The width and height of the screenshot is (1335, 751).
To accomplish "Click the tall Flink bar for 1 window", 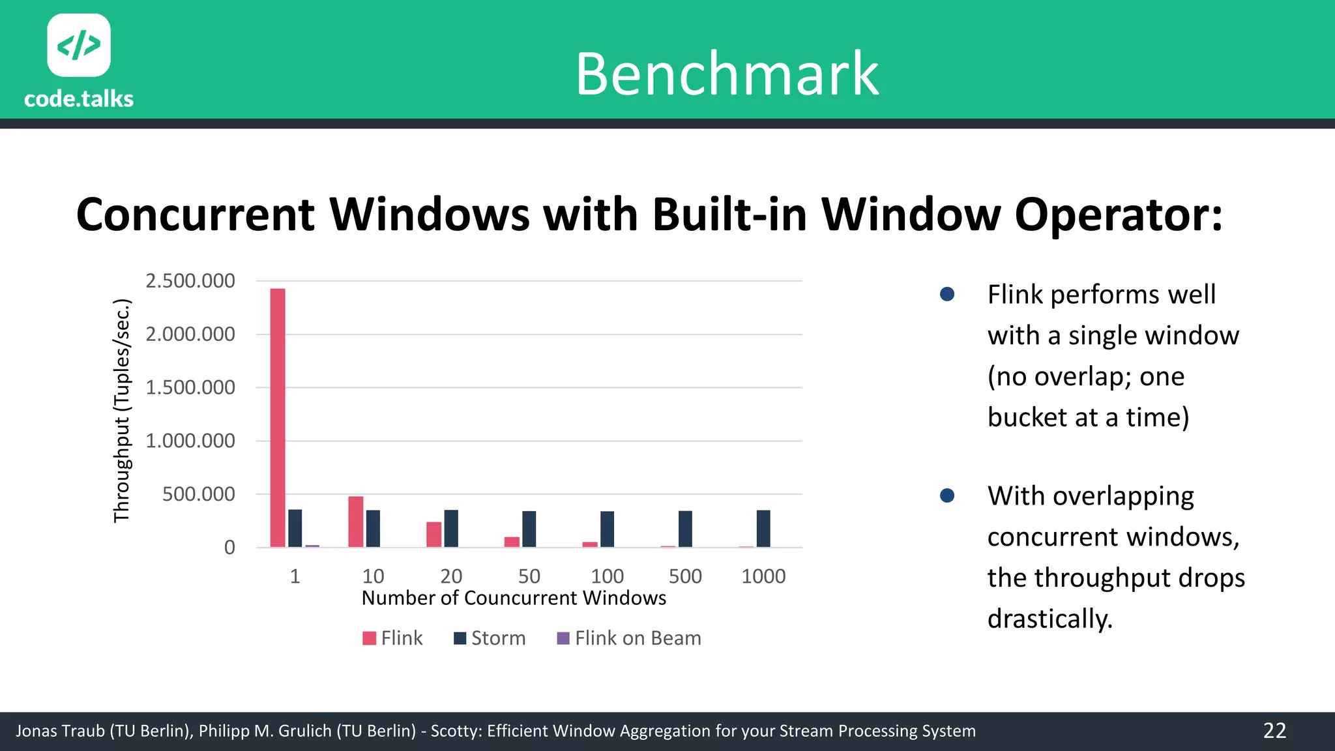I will point(278,417).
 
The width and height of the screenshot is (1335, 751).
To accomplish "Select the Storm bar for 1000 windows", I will point(763,529).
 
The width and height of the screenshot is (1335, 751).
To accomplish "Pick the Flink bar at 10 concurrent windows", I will point(356,522).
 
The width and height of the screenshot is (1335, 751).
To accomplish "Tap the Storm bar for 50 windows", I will point(529,529).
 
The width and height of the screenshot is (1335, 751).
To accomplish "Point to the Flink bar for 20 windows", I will point(434,535).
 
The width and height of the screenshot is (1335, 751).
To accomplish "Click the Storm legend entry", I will point(490,638).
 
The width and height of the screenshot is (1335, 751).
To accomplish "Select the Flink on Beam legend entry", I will point(629,638).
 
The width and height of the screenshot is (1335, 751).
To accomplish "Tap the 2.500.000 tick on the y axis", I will point(190,281).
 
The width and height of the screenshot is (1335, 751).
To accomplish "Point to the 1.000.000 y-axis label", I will point(190,441).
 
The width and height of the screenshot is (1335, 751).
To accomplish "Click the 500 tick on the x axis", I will point(685,576).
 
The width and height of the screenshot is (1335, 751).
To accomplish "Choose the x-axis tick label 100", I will point(607,576).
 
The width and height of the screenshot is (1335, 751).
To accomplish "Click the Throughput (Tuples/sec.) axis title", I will point(122,411).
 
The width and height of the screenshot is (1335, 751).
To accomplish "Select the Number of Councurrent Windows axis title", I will point(514,598).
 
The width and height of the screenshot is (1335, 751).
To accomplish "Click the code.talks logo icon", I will point(79,45).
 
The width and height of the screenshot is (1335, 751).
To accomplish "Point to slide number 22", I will point(1274,731).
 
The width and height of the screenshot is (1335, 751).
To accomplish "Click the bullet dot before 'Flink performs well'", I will point(947,295).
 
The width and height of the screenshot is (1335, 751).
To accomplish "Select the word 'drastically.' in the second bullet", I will point(1049,619).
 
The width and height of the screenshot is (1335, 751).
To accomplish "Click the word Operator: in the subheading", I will point(1119,214).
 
